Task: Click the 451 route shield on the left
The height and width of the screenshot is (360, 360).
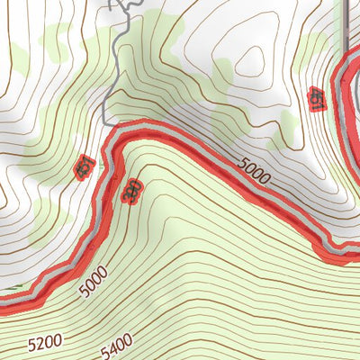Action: [84, 166]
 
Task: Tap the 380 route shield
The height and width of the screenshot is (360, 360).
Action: [131, 190]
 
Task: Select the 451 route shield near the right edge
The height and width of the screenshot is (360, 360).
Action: [316, 98]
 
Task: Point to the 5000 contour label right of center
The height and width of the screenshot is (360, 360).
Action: [255, 171]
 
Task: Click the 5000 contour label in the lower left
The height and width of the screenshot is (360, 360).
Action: [93, 280]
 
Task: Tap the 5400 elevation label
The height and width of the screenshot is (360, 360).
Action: [115, 342]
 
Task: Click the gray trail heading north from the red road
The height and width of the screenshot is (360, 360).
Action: [107, 90]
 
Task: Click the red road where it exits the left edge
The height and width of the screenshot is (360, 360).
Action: [3, 306]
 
